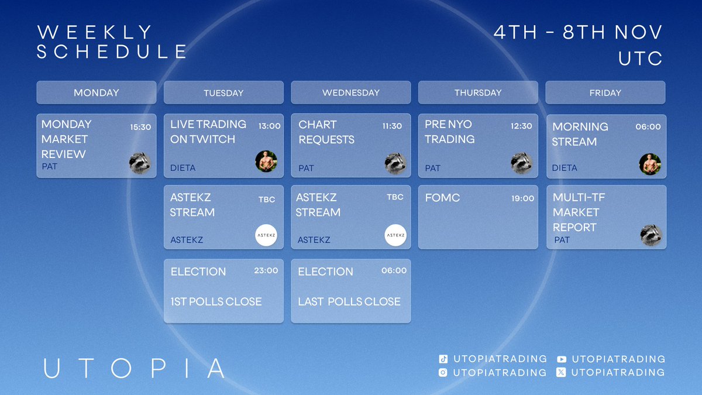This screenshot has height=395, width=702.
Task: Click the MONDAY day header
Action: coord(96,92)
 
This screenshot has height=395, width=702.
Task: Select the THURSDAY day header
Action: coord(478,92)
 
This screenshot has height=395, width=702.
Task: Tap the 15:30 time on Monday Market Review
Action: coord(140,126)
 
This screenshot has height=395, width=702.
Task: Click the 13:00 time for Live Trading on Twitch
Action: coord(269,125)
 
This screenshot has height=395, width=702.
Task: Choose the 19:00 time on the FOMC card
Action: coord(523,198)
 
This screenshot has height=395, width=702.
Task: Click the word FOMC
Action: coord(442,198)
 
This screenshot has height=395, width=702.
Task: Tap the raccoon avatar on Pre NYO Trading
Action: coord(521,163)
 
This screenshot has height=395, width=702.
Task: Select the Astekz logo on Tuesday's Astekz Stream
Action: coord(266,235)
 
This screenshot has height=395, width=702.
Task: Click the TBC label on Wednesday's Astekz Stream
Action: coord(395,197)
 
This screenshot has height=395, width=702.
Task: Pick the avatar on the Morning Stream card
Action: coord(650,164)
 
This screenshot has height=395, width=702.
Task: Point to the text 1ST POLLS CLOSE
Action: coord(216,301)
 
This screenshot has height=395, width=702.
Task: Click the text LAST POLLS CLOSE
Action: coord(349,301)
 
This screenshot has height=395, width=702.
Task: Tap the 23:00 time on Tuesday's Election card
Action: coord(266,270)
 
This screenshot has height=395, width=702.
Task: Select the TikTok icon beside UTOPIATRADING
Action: coord(443,359)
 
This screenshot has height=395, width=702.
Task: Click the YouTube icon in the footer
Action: coord(562,359)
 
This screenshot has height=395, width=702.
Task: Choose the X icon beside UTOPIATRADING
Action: coord(562,372)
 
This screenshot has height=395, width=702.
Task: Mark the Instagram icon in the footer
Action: coord(443,372)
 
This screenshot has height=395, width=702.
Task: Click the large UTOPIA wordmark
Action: coord(134,368)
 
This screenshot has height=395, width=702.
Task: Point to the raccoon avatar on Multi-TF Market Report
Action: coord(651,235)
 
